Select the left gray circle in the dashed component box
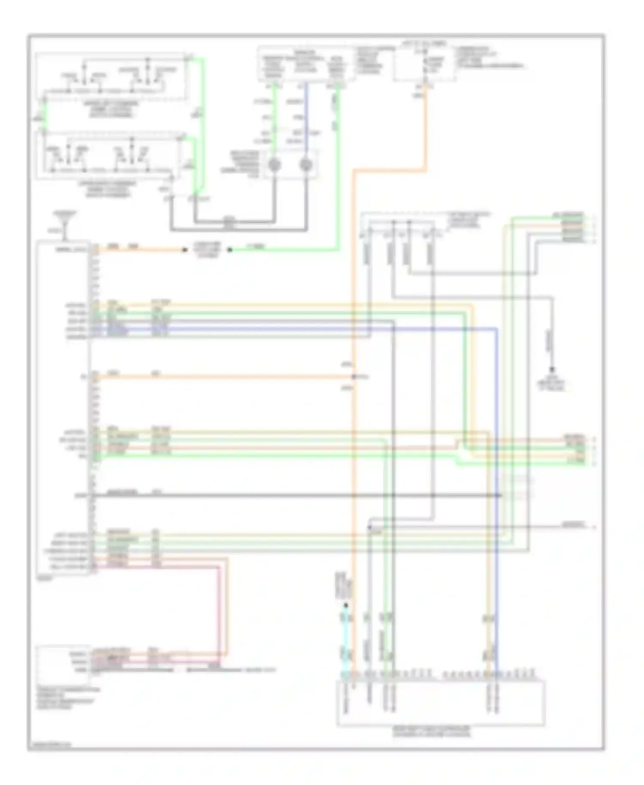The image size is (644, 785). [x=274, y=165]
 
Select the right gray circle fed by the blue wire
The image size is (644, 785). [x=306, y=165]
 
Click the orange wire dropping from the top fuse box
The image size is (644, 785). [x=425, y=129]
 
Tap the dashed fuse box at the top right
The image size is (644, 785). [x=425, y=64]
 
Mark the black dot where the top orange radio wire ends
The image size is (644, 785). [x=185, y=249]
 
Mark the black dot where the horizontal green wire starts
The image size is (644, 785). [x=230, y=249]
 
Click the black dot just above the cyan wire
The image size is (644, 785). [x=346, y=605]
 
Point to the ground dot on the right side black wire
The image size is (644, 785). [x=552, y=370]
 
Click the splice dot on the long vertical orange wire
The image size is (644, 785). [x=354, y=377]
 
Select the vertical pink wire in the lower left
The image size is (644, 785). [x=219, y=610]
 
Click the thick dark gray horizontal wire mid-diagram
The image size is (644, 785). [x=296, y=496]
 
